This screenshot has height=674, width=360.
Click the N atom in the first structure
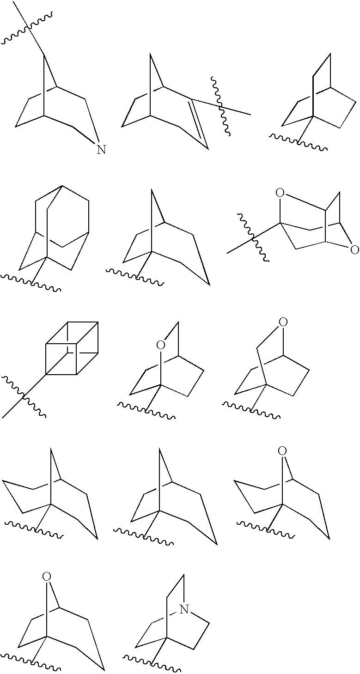(x=101, y=150)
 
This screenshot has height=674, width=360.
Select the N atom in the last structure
(x=184, y=610)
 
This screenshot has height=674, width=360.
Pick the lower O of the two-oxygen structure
(x=354, y=250)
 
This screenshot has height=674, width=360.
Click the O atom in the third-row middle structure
(x=160, y=345)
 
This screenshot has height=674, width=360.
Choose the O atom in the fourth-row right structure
(x=283, y=451)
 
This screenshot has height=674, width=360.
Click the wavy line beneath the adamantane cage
(x=31, y=283)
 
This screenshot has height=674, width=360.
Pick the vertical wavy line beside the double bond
(x=221, y=107)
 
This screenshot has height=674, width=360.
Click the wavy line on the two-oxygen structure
(x=253, y=237)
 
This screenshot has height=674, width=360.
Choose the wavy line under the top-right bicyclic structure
(x=299, y=143)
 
